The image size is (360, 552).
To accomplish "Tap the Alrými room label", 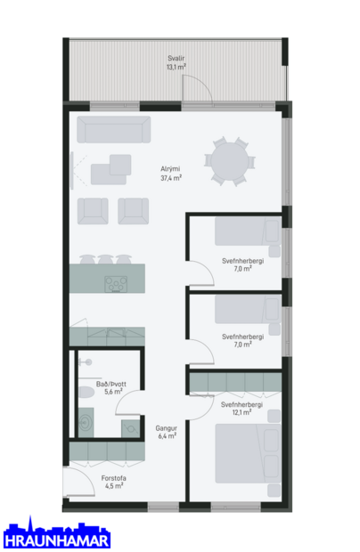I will pos(171,169).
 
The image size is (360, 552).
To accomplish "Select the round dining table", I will pos(229,161).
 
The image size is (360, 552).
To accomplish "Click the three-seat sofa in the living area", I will pos(113,130).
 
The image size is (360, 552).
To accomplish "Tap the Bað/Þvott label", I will pos(114,383).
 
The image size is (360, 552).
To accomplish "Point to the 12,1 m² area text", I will pos(242,413).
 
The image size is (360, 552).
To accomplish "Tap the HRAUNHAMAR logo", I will pos(56,535).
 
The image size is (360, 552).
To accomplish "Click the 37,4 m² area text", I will pos(171,178).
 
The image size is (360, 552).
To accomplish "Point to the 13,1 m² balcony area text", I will pos(176,67).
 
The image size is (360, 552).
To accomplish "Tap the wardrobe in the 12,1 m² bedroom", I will pos(235,382).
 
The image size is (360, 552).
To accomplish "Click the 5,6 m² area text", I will pos(114,392).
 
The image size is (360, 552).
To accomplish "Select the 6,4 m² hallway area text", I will pos(167,436).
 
